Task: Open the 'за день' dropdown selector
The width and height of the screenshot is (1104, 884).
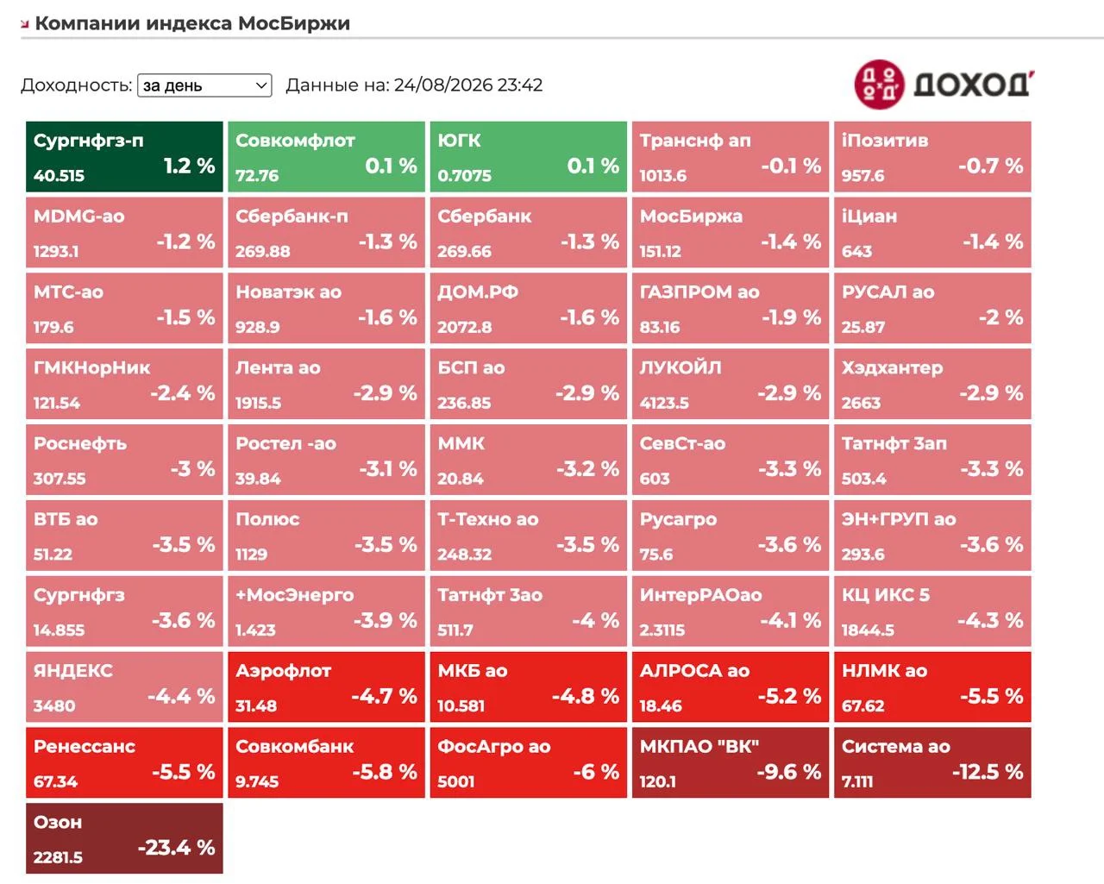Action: click(204, 85)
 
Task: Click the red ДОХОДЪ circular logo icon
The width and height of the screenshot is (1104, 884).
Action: click(879, 85)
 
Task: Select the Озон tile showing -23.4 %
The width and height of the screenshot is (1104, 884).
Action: click(124, 838)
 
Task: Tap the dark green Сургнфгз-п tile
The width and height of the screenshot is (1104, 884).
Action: click(124, 156)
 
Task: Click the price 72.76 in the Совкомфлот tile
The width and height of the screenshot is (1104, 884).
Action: click(257, 176)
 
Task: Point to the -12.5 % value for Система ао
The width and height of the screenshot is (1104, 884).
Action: click(987, 772)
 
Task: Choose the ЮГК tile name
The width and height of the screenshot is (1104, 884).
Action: click(459, 141)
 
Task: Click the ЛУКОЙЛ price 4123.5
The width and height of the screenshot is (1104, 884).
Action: click(664, 404)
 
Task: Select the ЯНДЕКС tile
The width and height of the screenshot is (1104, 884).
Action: click(124, 687)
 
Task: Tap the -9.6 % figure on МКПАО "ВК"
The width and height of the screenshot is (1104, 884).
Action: click(789, 772)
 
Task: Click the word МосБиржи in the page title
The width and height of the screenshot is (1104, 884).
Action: click(294, 23)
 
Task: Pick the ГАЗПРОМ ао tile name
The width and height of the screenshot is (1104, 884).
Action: click(699, 292)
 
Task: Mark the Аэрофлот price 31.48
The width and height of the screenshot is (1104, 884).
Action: click(256, 706)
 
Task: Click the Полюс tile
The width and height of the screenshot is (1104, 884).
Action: click(326, 536)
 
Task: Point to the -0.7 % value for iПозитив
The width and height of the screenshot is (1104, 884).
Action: click(991, 166)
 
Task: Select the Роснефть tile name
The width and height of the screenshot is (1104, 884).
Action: click(80, 443)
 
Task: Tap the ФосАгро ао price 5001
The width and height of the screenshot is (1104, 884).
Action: click(456, 782)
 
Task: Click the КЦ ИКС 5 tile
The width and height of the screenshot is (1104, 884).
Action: click(932, 611)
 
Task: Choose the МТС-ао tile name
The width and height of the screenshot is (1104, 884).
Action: click(69, 292)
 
